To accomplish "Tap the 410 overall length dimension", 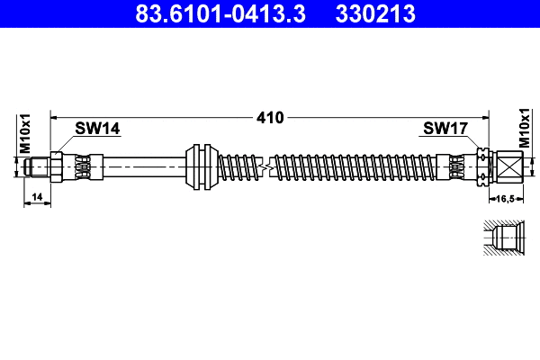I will click(x=270, y=117).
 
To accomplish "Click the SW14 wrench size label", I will click(x=97, y=130).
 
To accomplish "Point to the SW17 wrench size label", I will click(x=444, y=130).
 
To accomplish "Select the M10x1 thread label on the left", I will click(x=26, y=133).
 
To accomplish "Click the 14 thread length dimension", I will click(x=37, y=196).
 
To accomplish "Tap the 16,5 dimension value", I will click(x=505, y=196).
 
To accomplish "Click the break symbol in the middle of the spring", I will click(x=265, y=167).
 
